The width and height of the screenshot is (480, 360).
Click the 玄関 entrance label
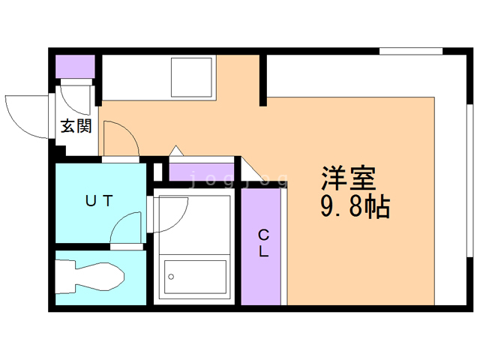pos(76,126)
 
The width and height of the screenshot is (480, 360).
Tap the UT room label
pos(99,201)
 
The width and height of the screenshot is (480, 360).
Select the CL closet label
pos(263,243)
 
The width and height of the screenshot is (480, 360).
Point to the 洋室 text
pos(348,178)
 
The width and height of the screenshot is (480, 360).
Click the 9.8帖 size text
pos(355,206)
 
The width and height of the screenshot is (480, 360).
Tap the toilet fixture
pos(89,277)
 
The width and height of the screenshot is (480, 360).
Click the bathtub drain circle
pos(171,277)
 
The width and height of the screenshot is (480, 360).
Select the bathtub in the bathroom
pos(195,277)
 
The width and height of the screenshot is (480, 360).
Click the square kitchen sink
pos(192,77)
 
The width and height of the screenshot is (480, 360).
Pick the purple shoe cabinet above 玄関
pos(75,67)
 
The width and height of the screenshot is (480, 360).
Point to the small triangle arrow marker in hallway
pos(176,151)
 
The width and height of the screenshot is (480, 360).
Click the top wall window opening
pos(411,51)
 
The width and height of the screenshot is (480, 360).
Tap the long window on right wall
pos(469,181)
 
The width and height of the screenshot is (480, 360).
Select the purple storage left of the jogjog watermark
pos(181,172)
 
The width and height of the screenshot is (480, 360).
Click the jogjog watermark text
pos(238,179)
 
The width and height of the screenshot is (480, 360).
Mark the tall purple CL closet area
pos(261,247)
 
